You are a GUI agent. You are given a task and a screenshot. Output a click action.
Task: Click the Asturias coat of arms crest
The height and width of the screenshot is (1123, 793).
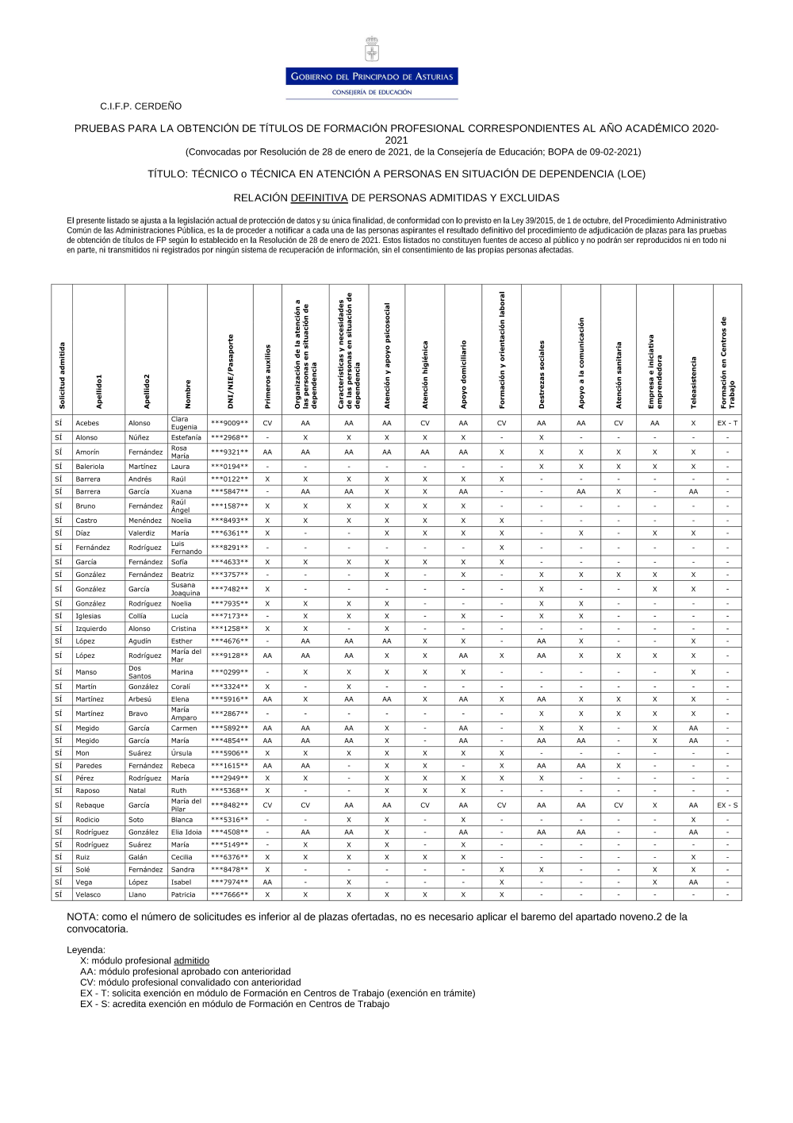click(x=371, y=50)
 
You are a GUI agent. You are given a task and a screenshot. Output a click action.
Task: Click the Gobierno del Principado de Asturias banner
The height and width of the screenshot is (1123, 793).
click(x=372, y=77)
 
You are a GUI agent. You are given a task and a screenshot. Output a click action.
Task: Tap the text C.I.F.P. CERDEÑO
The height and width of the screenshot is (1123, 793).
click(x=140, y=106)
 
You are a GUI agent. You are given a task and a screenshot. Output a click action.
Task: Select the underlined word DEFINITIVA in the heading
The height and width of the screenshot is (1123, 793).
click(x=319, y=198)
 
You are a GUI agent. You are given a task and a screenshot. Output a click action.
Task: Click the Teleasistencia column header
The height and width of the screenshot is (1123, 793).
click(x=694, y=383)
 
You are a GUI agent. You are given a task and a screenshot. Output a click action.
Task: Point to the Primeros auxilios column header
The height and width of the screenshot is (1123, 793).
click(x=267, y=376)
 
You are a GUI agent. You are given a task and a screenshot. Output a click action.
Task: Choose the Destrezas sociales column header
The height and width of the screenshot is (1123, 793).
click(x=542, y=375)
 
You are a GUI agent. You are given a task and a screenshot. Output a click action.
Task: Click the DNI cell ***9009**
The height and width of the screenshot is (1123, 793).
click(x=229, y=424)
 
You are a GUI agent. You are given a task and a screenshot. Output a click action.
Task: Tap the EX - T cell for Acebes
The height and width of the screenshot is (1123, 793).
click(x=727, y=424)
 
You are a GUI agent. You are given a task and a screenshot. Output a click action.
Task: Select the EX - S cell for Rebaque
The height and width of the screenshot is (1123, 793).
click(x=727, y=806)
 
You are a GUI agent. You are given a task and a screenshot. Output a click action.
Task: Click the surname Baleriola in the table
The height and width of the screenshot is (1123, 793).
click(x=90, y=467)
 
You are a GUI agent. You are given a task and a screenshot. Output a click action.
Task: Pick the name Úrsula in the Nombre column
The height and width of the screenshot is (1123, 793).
click(x=182, y=753)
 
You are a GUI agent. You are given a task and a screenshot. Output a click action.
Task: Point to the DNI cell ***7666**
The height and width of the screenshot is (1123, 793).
click(x=229, y=894)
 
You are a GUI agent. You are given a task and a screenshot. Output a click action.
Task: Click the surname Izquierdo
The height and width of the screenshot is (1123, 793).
click(x=91, y=629)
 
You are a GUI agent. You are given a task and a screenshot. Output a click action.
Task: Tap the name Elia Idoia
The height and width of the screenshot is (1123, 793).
click(x=186, y=833)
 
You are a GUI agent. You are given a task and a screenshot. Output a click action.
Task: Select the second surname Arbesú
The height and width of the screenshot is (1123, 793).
click(x=140, y=699)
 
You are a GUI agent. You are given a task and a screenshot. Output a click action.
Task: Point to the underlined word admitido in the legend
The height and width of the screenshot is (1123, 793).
click(x=191, y=961)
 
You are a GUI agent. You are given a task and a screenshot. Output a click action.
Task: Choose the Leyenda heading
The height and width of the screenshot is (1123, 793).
click(x=86, y=950)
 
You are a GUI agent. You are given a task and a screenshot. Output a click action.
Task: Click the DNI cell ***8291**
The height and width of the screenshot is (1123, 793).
click(x=229, y=548)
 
